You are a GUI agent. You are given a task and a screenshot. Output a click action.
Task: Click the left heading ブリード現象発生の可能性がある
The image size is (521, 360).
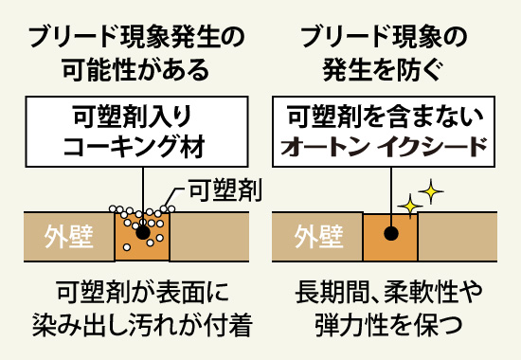[x=133, y=53]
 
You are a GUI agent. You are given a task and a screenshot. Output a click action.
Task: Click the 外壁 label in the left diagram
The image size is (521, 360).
[x=69, y=235]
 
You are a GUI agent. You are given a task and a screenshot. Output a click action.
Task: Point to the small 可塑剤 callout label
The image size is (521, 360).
[x=225, y=191]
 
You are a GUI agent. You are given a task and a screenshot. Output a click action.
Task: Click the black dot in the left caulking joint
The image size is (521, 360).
[x=142, y=232]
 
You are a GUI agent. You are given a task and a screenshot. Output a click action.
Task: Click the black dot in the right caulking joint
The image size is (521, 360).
[x=390, y=233]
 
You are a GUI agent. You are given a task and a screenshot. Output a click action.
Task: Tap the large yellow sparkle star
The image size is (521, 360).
[x=431, y=193]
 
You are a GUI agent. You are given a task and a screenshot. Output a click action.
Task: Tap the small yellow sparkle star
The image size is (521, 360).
[x=410, y=205]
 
